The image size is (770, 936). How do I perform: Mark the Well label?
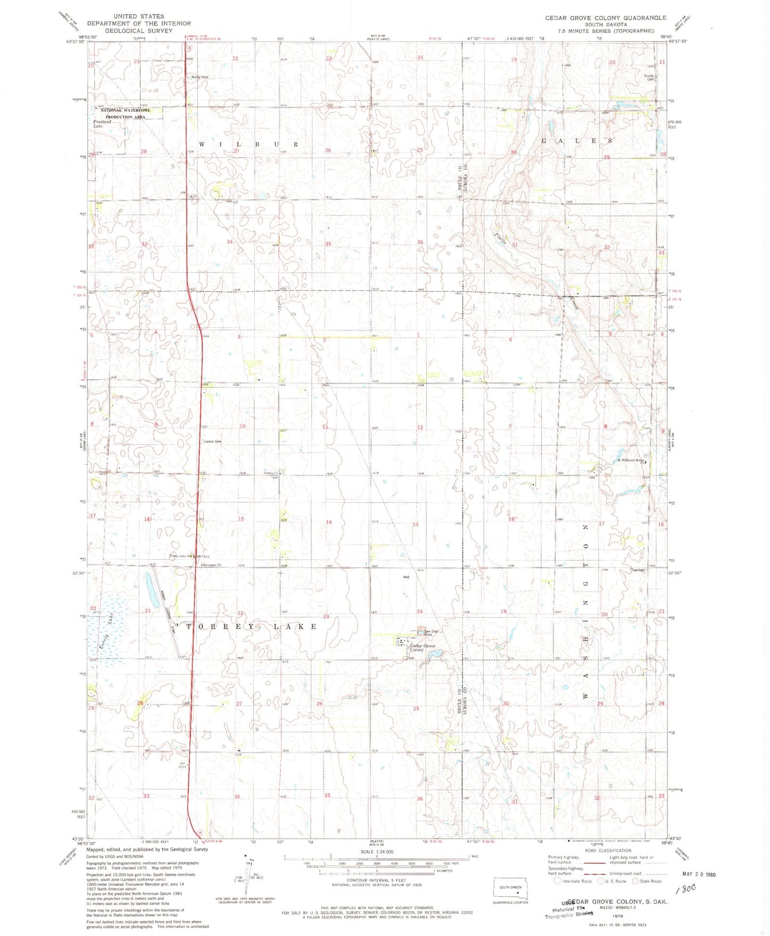(x=407, y=577)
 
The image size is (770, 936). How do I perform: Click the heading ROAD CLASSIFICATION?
(x=607, y=851)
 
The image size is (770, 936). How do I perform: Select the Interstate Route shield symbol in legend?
(x=557, y=881)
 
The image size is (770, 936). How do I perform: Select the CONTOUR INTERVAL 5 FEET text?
(x=376, y=880)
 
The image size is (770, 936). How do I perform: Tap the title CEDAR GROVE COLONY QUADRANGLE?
(x=605, y=18)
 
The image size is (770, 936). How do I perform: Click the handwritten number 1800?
(x=687, y=889)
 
